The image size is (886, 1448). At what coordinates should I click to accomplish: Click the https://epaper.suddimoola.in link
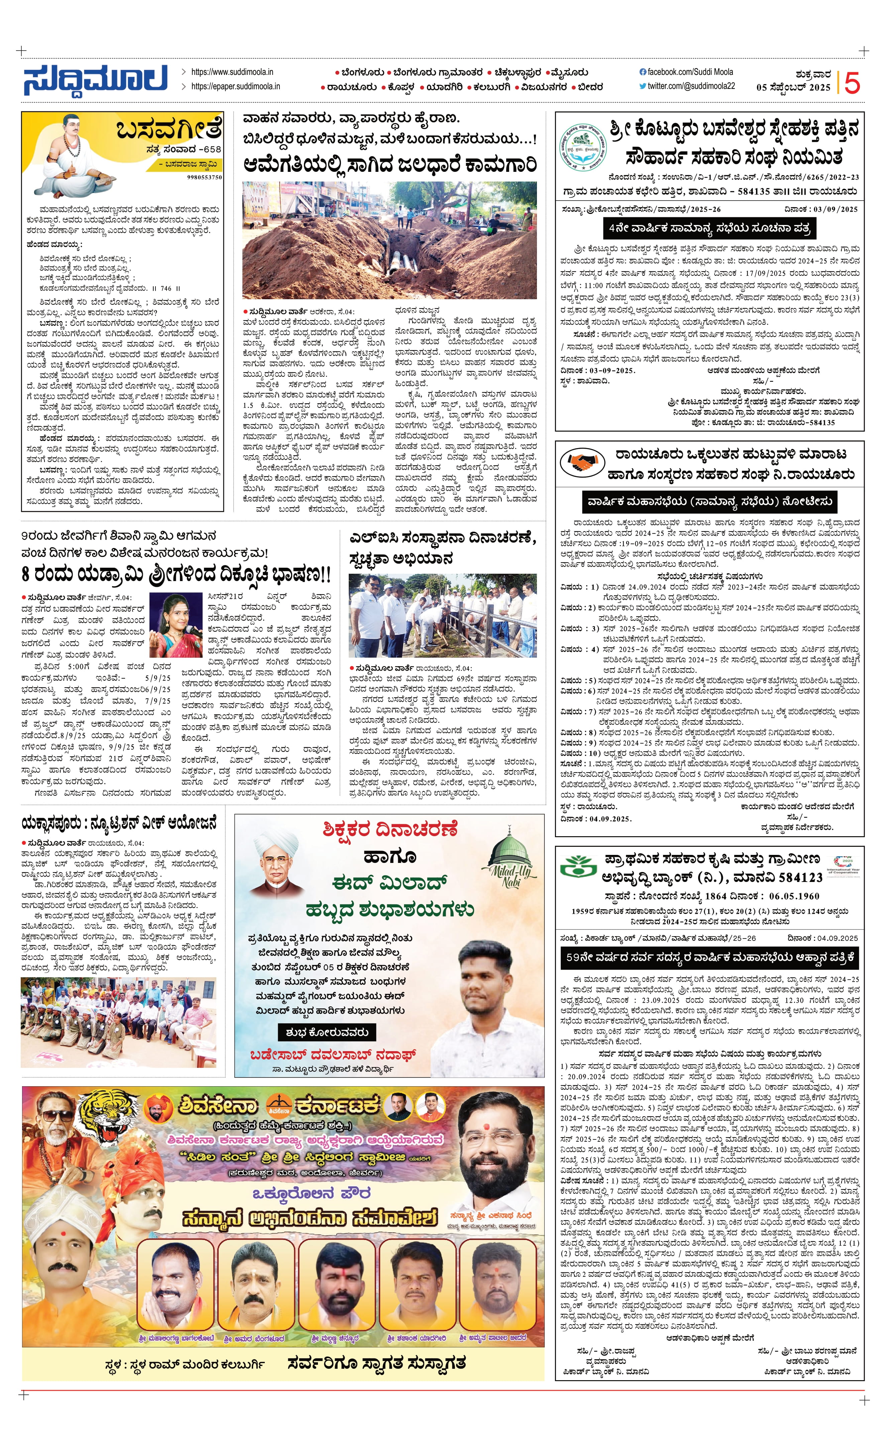tap(235, 86)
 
